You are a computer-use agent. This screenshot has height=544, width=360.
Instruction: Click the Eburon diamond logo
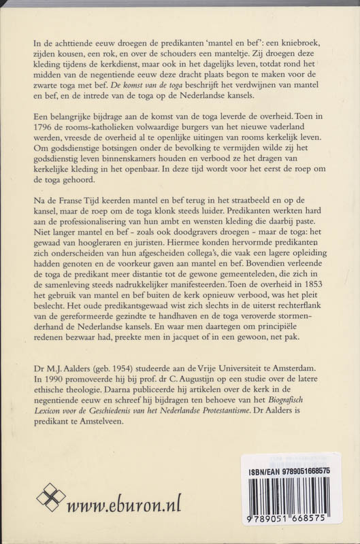[x=51, y=497]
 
